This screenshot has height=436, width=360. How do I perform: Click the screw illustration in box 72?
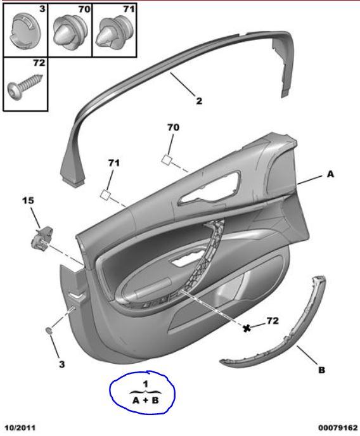pyautogui.click(x=25, y=86)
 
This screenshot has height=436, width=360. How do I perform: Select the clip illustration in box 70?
pyautogui.click(x=70, y=33)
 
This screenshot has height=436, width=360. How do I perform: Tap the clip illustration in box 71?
pyautogui.click(x=115, y=33)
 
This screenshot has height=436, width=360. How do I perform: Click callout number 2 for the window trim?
pyautogui.click(x=199, y=101)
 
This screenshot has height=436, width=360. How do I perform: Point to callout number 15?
pyautogui.click(x=28, y=200)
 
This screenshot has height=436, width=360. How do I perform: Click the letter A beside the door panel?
pyautogui.click(x=330, y=174)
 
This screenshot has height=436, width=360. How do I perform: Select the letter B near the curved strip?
pyautogui.click(x=321, y=370)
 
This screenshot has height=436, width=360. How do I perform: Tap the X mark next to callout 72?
pyautogui.click(x=247, y=328)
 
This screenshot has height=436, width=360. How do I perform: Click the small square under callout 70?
pyautogui.click(x=167, y=160)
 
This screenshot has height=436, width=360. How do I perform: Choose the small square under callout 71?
pyautogui.click(x=106, y=194)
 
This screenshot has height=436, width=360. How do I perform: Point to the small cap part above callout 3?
pyautogui.click(x=49, y=331)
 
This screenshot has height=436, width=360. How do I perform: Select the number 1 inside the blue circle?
pyautogui.click(x=145, y=384)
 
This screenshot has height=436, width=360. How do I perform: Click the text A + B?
pyautogui.click(x=145, y=401)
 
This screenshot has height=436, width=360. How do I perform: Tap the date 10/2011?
pyautogui.click(x=20, y=427)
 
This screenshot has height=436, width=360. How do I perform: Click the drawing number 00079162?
pyautogui.click(x=338, y=427)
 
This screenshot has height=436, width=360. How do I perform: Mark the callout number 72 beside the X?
pyautogui.click(x=273, y=321)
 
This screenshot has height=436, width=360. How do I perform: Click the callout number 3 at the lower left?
pyautogui.click(x=61, y=364)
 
